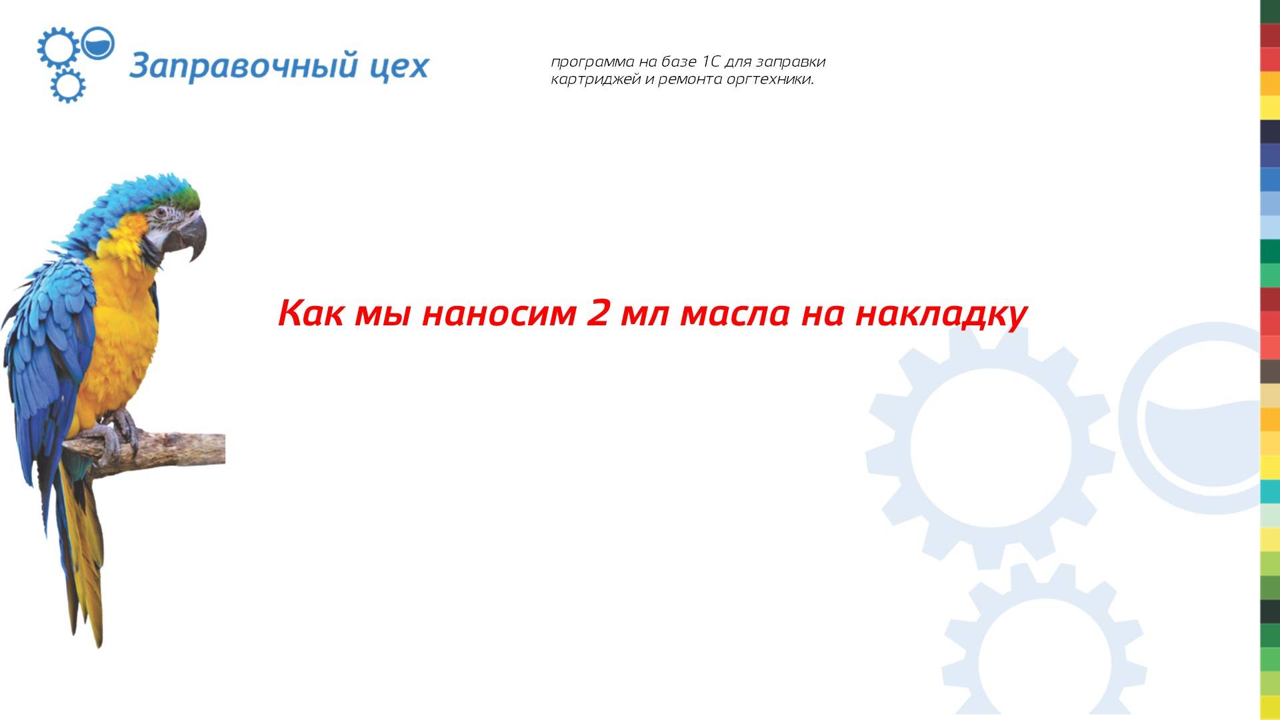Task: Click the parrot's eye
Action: [x=161, y=213]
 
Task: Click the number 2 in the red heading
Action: [x=597, y=313]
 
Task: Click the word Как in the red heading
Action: [x=311, y=313]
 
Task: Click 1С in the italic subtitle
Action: [x=710, y=62]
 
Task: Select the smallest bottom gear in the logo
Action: [x=67, y=85]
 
